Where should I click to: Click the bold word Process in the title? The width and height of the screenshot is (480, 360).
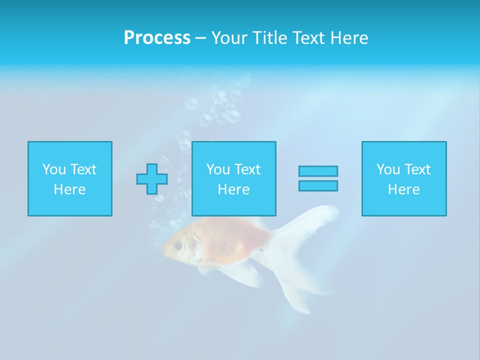157,38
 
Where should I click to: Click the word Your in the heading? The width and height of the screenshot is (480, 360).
230,38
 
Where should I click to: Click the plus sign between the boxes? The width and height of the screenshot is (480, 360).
152,179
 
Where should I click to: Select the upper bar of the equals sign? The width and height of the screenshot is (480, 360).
318,171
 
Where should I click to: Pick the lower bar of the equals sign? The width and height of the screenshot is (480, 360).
318,185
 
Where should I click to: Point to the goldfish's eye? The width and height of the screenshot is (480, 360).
178,245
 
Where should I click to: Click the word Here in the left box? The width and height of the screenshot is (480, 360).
69,189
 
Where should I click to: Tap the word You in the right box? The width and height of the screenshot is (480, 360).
388,169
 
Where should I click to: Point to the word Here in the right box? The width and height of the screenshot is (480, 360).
403,189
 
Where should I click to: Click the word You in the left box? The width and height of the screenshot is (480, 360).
54,169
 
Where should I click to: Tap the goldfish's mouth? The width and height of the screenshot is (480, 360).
164,248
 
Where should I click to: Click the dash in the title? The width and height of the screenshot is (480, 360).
201,38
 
